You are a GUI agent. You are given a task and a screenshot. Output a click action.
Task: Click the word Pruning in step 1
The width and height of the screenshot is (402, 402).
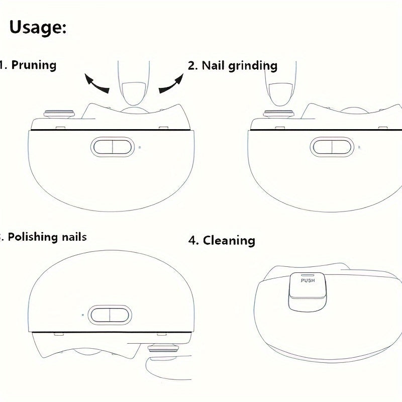(x=34, y=65)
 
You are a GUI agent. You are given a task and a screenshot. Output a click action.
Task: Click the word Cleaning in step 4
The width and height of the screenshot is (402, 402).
(x=229, y=240)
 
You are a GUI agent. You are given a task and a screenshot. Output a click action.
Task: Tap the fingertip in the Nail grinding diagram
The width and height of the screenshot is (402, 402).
(x=280, y=93)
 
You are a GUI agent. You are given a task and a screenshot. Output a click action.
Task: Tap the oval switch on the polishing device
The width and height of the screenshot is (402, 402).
(x=109, y=315)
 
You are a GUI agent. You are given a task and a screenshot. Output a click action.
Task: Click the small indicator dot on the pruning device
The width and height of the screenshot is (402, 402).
(x=139, y=148)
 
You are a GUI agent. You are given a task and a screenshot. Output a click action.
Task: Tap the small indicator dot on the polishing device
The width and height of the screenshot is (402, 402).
(x=82, y=315)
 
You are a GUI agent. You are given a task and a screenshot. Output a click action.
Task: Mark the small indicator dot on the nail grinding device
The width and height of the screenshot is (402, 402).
(x=358, y=148)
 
